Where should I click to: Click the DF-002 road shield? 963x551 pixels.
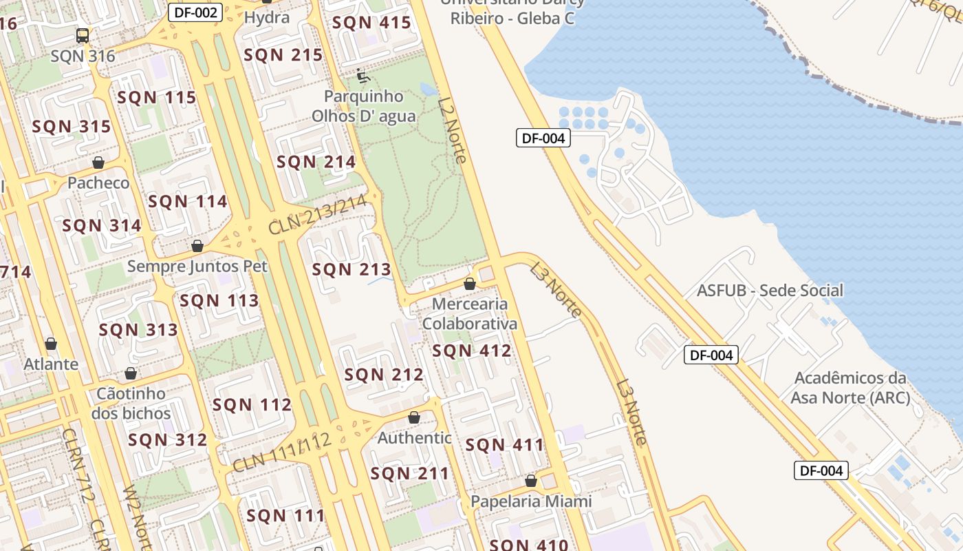[x=195, y=12]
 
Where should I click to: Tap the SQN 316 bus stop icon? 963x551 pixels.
[x=83, y=35]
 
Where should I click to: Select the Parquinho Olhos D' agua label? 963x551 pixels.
[x=364, y=106]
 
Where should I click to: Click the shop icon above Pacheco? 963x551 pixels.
[x=98, y=163]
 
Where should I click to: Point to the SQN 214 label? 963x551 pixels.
[x=316, y=162]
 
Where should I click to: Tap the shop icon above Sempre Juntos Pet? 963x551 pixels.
[x=197, y=246]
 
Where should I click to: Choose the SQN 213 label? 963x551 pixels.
[x=351, y=269]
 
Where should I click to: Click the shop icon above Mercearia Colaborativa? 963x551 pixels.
[x=470, y=284]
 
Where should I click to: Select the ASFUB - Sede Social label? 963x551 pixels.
[x=770, y=290]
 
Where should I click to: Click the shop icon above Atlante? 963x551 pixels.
[x=51, y=344]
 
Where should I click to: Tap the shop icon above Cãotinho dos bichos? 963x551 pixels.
[x=131, y=374]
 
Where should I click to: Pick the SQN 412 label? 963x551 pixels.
[x=472, y=351]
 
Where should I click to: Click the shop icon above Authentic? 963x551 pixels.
[x=414, y=417]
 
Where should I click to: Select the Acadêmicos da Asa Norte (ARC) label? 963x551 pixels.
[x=850, y=388]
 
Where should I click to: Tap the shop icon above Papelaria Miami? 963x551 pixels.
[x=531, y=481]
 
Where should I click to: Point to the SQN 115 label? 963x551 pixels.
[x=157, y=98]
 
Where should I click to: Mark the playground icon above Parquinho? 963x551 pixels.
[x=363, y=76]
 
